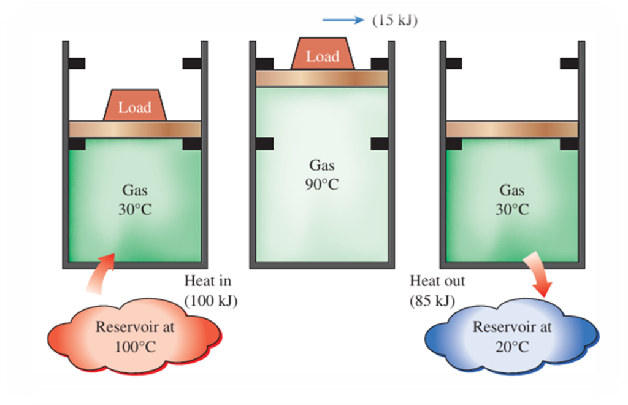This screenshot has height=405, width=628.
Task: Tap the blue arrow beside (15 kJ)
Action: (343, 20)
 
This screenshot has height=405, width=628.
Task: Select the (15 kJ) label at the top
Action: (394, 20)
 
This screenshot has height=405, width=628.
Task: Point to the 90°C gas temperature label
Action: (323, 183)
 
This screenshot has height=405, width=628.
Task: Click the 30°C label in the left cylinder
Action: (134, 209)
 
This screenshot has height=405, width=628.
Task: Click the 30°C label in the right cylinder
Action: (511, 209)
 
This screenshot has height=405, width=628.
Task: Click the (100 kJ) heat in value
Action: (211, 301)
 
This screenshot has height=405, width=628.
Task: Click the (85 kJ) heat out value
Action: (437, 301)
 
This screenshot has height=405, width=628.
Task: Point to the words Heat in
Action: (208, 282)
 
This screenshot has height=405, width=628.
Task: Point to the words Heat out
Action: (437, 282)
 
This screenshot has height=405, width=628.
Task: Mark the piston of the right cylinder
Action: (511, 129)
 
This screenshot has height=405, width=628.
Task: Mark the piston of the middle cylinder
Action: (322, 78)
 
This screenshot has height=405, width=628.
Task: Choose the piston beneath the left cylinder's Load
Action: (134, 129)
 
